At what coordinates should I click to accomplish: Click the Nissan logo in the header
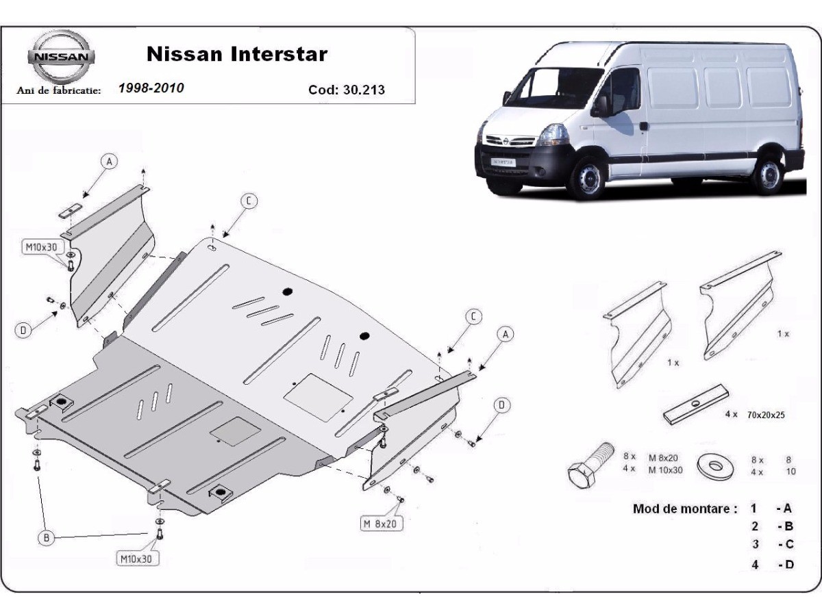point(60,56)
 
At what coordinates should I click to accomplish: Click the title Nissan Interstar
point(237,54)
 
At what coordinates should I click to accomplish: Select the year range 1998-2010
point(151,88)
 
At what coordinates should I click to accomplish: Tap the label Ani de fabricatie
point(60,90)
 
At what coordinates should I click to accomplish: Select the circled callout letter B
point(47,539)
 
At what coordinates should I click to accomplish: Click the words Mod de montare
point(685,509)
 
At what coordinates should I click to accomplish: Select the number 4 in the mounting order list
point(755,565)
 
